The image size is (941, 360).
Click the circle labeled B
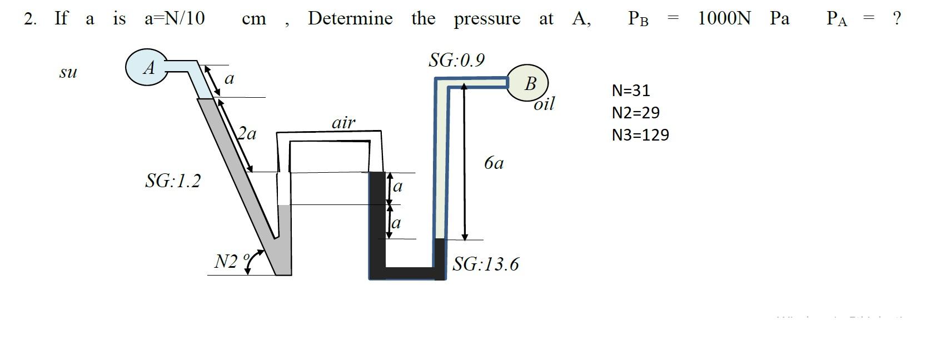(527, 83)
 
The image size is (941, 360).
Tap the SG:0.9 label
(456, 60)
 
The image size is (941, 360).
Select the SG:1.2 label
(172, 181)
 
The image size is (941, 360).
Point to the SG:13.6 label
(485, 264)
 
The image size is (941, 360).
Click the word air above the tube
(343, 123)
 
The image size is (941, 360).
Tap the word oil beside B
(544, 104)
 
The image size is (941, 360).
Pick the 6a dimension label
(494, 163)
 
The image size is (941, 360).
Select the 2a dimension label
(247, 133)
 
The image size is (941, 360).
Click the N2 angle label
(226, 261)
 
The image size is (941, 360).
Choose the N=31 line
(630, 90)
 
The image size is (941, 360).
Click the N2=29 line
(635, 113)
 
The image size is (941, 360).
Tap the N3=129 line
(640, 135)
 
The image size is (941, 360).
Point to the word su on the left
(68, 72)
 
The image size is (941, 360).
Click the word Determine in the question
(350, 18)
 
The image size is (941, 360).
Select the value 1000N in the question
(724, 18)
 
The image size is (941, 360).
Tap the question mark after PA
(895, 18)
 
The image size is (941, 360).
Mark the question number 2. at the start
(31, 19)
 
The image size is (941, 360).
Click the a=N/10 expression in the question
(175, 18)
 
